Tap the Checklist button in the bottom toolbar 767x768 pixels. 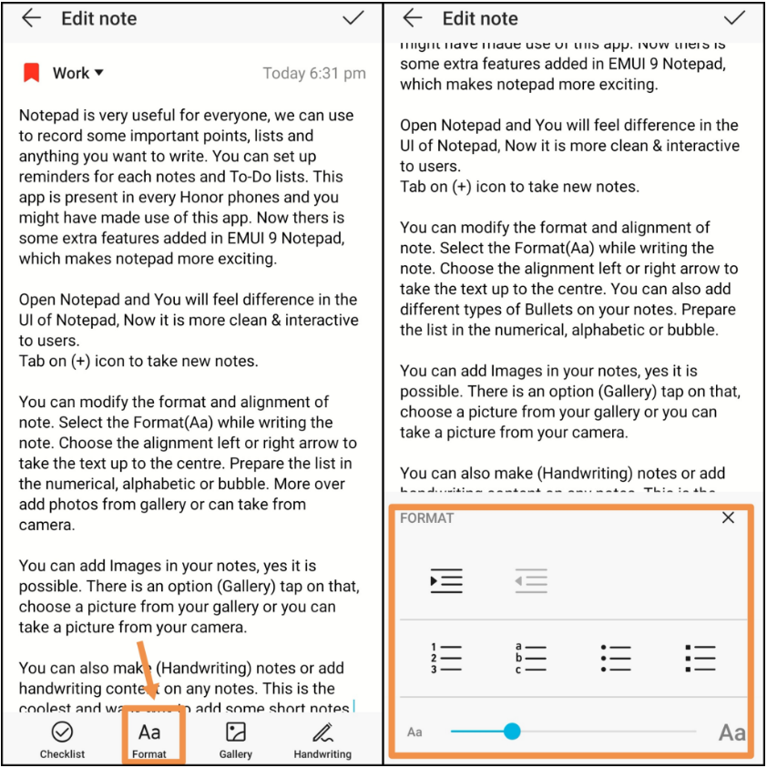click(x=62, y=739)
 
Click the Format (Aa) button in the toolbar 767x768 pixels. click(x=149, y=739)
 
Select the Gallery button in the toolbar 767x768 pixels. click(x=236, y=739)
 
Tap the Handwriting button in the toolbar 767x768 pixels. click(x=322, y=739)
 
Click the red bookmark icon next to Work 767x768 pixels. click(x=32, y=73)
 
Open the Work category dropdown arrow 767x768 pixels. click(x=99, y=73)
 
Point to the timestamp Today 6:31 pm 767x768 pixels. click(x=314, y=74)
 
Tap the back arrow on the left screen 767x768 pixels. click(x=32, y=18)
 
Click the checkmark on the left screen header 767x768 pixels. click(x=353, y=18)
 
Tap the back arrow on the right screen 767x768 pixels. click(x=413, y=18)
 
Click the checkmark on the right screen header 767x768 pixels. click(x=733, y=18)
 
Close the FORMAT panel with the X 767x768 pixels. click(x=728, y=517)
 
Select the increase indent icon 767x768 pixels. click(x=446, y=580)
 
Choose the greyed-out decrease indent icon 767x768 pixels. click(x=530, y=580)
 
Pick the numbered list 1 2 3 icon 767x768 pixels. click(x=445, y=658)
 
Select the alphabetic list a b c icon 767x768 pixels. click(x=530, y=658)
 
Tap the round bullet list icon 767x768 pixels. click(x=616, y=658)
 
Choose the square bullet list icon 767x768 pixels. click(x=700, y=658)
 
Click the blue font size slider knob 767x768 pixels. click(x=512, y=731)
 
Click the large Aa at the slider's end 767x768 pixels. click(x=731, y=732)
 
